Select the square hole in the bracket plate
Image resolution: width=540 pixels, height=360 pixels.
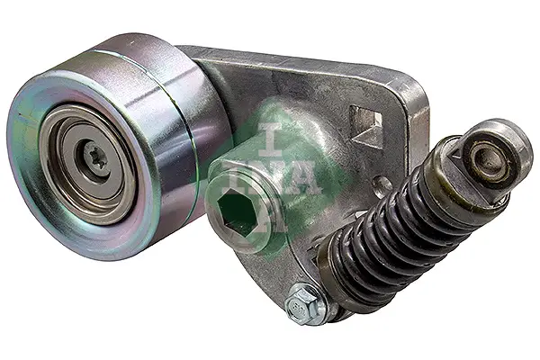click(366, 126)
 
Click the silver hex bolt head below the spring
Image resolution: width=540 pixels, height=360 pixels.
click(303, 305)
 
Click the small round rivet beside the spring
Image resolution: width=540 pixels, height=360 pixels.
click(382, 187)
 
